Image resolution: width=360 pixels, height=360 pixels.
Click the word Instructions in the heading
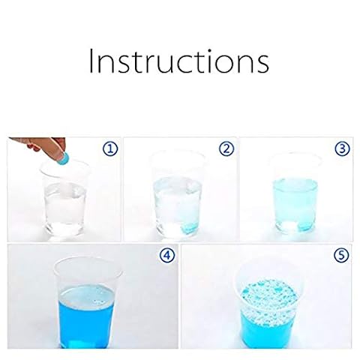(179, 61)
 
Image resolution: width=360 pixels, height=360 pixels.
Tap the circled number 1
(110, 149)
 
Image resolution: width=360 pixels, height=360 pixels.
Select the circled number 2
(226, 149)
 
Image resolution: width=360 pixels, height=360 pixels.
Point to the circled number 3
(342, 149)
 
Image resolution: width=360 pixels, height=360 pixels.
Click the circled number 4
(167, 256)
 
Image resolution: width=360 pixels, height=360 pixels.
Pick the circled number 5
(341, 256)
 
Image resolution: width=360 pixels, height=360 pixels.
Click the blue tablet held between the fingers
(63, 157)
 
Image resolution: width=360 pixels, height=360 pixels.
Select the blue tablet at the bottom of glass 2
(190, 227)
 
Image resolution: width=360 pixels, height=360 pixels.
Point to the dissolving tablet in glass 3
(304, 226)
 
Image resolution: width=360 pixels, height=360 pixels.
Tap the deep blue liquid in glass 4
(85, 317)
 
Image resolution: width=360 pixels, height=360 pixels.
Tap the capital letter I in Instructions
(91, 61)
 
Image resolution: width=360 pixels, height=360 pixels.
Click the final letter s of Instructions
(262, 64)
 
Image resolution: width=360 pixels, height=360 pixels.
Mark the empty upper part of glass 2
(177, 163)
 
